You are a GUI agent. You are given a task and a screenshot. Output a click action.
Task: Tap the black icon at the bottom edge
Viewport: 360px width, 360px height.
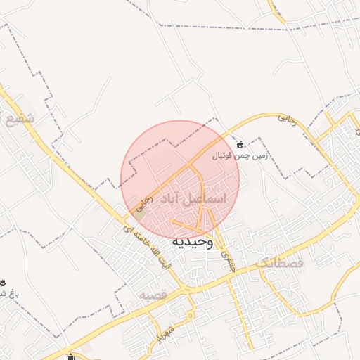[71, 356]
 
